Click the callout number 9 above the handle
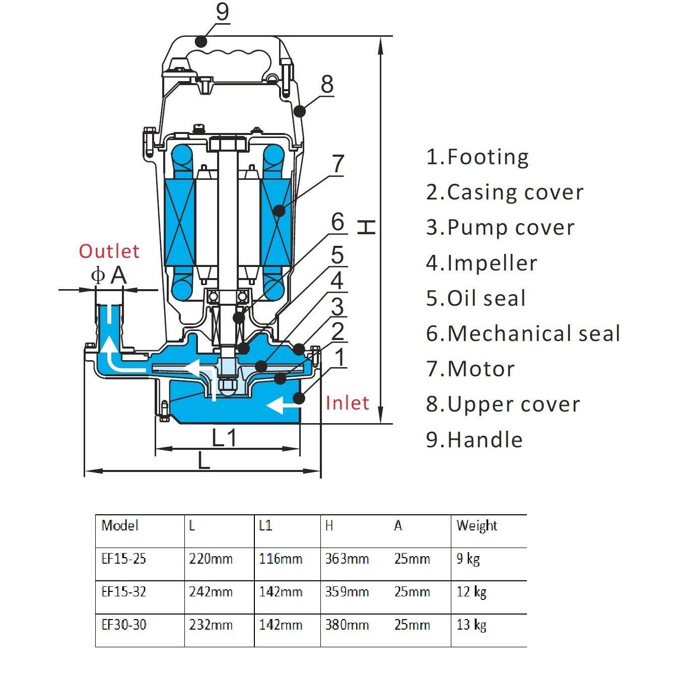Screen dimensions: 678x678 [222, 12]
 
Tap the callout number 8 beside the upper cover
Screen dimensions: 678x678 [327, 84]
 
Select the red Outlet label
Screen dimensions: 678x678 [109, 251]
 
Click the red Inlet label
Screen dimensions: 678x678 [347, 403]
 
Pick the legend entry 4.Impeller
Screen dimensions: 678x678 [482, 263]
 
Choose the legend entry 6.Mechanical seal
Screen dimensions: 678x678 [523, 333]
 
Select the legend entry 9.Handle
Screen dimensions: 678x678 [474, 440]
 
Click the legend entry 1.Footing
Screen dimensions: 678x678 [477, 157]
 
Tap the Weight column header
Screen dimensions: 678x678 [477, 526]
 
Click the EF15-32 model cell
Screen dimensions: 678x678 [124, 591]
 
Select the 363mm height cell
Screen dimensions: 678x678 [347, 559]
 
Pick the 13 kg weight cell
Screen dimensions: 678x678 [471, 625]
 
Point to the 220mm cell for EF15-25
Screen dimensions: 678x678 [211, 559]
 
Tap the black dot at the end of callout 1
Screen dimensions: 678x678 [299, 397]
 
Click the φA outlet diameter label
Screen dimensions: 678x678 [108, 275]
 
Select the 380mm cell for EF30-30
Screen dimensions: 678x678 [347, 625]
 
